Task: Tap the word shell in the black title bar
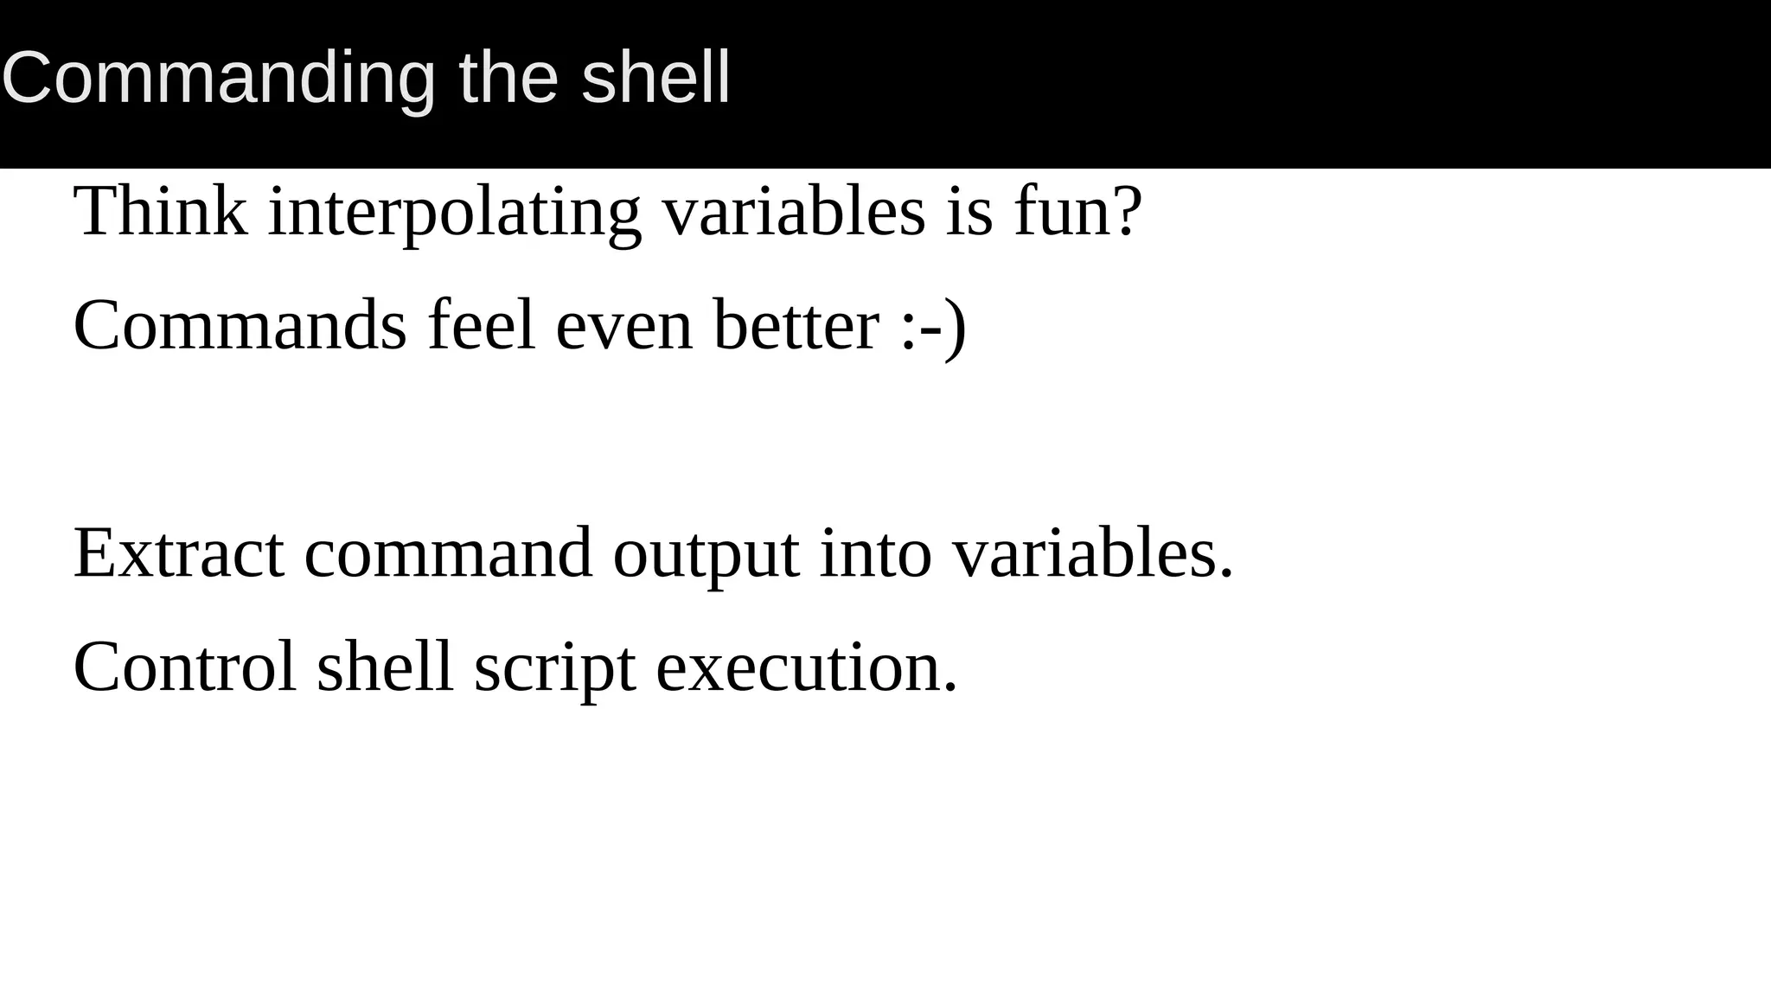[656, 79]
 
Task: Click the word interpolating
[455, 213]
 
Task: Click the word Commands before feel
[240, 325]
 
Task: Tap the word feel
[482, 325]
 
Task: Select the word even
[624, 327]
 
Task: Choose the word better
[796, 325]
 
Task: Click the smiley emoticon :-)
[933, 327]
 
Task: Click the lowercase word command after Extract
[448, 553]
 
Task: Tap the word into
[875, 553]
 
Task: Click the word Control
[185, 667]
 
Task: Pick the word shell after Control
[385, 667]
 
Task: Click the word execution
[807, 668]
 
